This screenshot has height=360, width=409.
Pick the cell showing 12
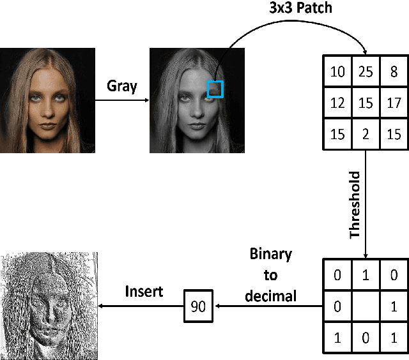337,102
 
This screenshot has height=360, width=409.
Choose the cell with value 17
394,102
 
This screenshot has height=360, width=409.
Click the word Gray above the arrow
121,86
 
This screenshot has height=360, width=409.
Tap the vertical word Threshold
355,205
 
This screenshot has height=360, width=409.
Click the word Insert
144,292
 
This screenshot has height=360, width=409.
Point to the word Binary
270,255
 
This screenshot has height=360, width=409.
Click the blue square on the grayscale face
215,89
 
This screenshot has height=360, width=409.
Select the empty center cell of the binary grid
366,305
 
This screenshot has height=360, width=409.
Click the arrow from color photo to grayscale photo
122,100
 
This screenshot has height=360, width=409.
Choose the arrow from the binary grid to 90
268,306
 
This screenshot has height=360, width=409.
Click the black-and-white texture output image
49,306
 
